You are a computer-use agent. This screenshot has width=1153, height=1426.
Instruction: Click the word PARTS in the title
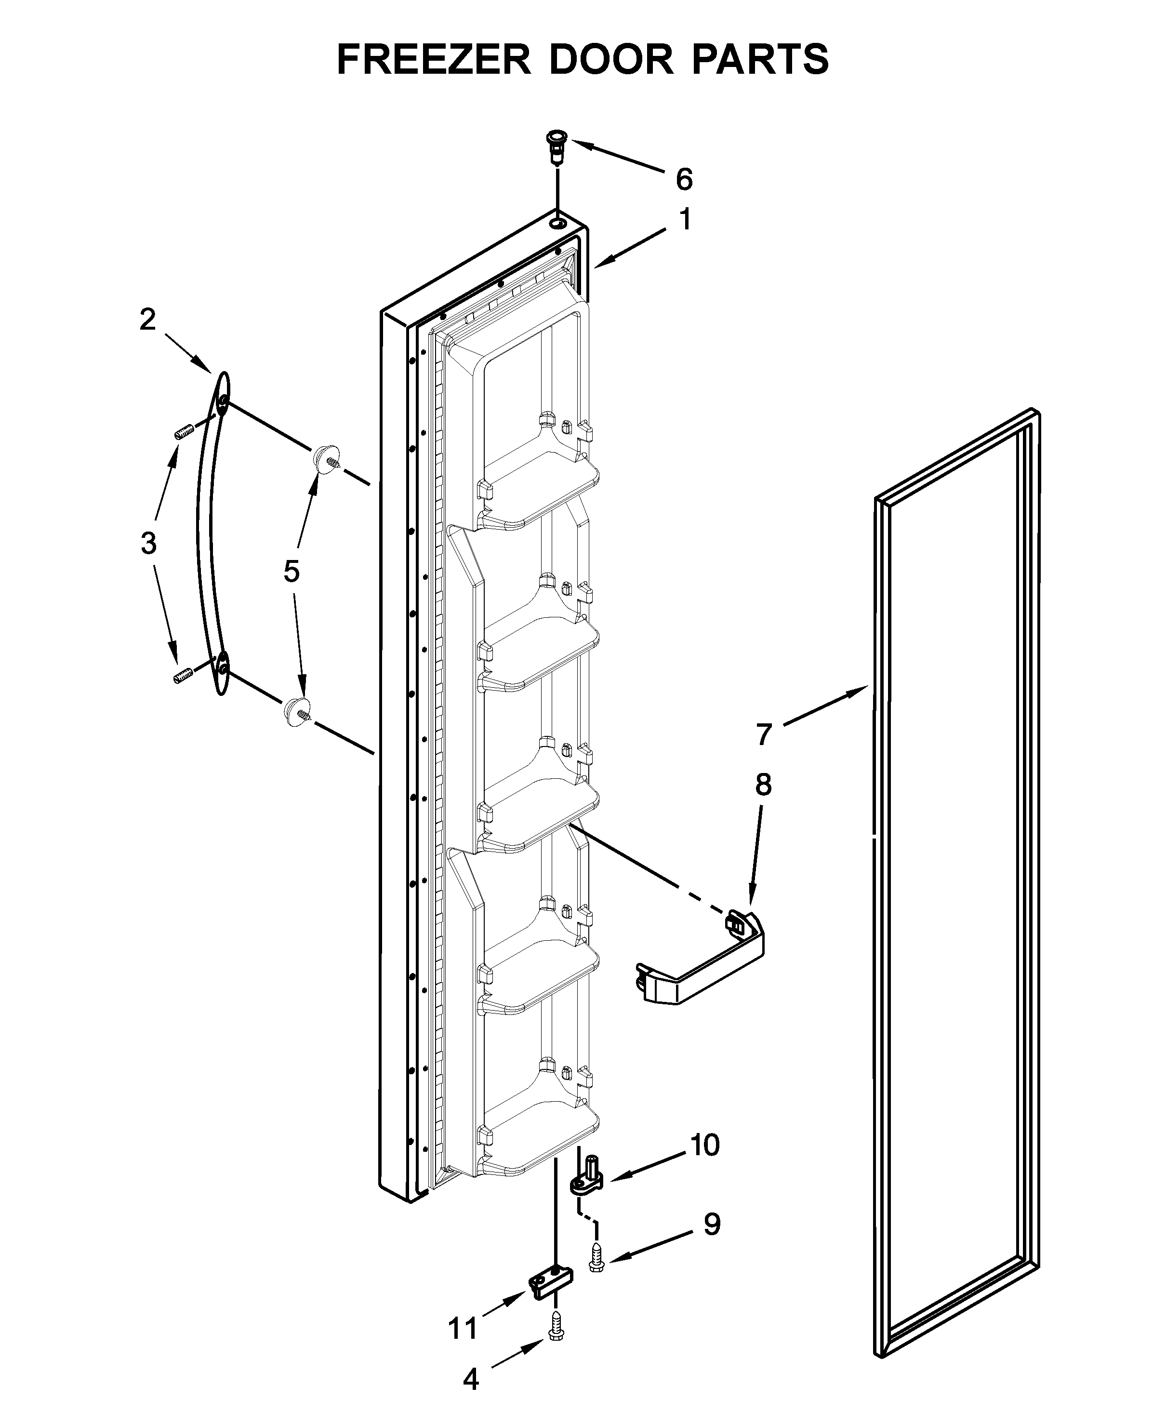point(761,59)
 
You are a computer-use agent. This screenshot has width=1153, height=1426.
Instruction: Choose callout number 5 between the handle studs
point(292,571)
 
